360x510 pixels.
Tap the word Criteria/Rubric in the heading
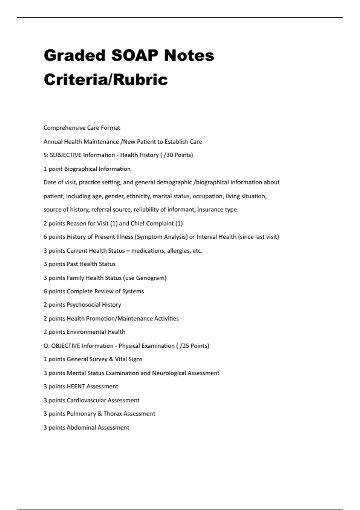click(106, 80)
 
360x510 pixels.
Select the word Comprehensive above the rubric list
click(61, 128)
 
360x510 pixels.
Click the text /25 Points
click(194, 346)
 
